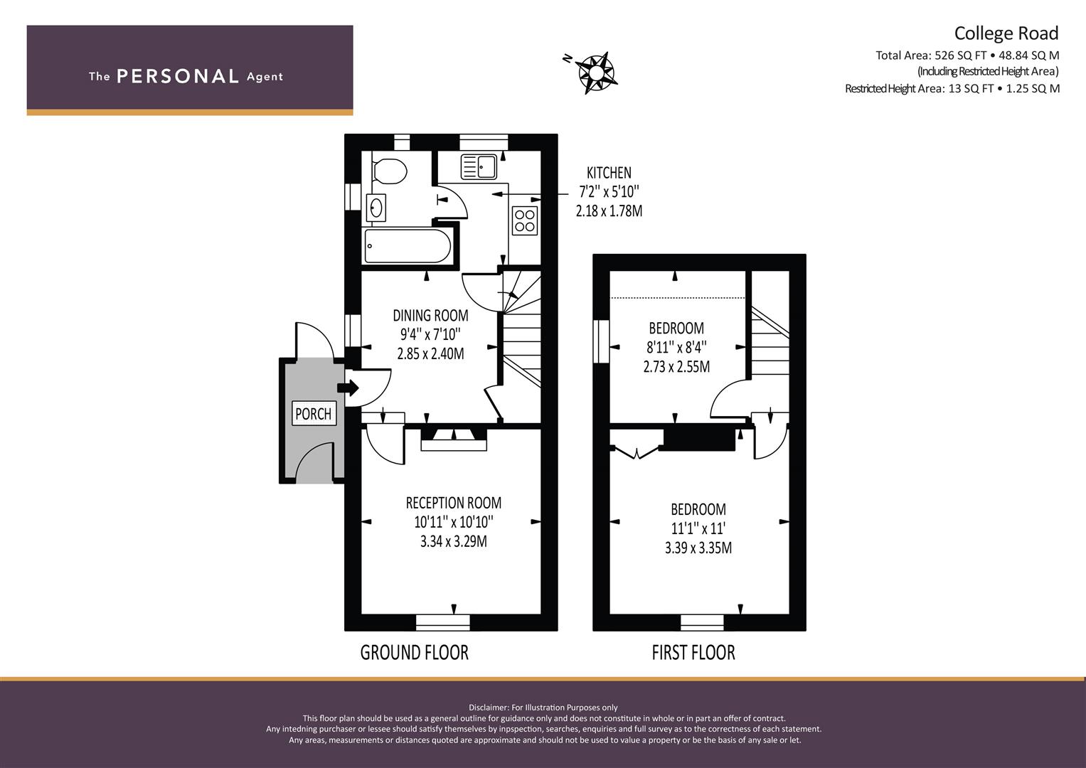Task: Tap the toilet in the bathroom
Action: coord(389,171)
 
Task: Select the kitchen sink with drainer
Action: coord(478,166)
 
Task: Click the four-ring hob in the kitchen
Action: coord(525,220)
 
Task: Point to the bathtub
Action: coord(408,246)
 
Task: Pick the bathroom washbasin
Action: coord(376,208)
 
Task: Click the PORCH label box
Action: coord(314,414)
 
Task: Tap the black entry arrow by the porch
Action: coord(348,388)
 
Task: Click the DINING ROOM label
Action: coord(430,316)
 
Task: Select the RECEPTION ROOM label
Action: coord(454,503)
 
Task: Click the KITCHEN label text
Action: coord(609,173)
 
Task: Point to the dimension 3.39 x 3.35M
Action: coord(698,548)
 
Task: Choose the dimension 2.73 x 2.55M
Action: coord(676,366)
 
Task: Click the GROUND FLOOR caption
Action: coord(415,653)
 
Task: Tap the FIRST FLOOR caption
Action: coord(693,653)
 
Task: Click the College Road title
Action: coord(1006,33)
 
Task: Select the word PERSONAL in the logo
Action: coord(178,76)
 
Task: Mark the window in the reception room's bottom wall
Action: coord(442,622)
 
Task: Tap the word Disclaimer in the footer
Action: coord(489,708)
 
